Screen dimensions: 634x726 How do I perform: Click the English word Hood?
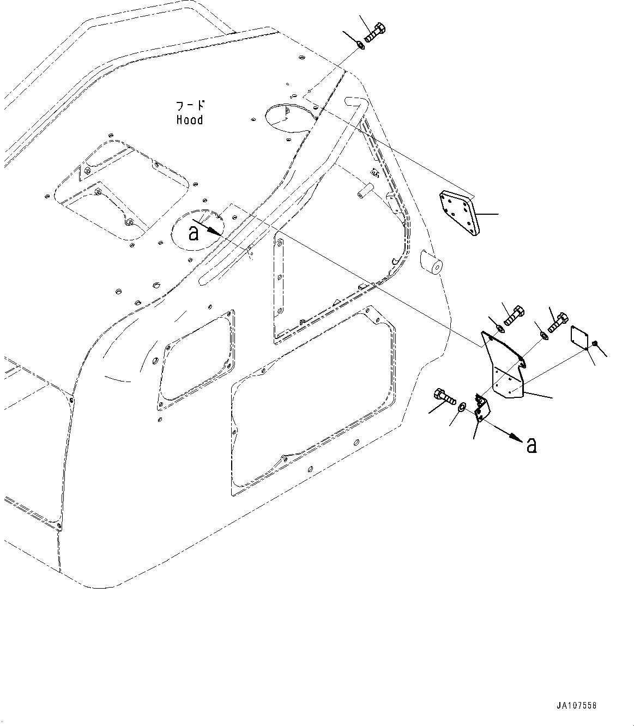pyautogui.click(x=189, y=120)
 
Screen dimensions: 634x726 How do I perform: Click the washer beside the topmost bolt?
pyautogui.click(x=361, y=45)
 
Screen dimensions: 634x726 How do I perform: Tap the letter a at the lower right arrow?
pyautogui.click(x=531, y=446)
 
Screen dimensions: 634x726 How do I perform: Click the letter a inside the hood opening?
pyautogui.click(x=193, y=233)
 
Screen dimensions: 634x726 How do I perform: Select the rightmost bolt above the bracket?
pyautogui.click(x=557, y=323)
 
